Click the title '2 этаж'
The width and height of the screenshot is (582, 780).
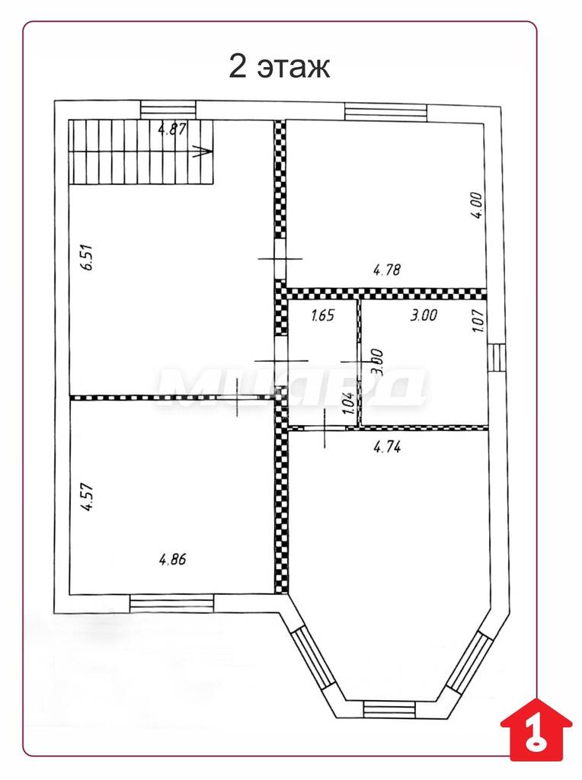pos(279,66)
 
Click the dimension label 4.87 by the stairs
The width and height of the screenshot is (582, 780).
pos(172,129)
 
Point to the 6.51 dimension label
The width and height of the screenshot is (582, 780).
pos(88,257)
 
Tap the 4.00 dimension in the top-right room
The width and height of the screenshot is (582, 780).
pos(477,206)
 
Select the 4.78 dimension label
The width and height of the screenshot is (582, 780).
pos(386,270)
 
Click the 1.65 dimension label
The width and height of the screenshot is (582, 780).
pos(323,315)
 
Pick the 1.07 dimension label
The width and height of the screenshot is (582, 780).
pos(478,321)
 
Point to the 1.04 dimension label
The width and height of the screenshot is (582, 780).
pos(349,404)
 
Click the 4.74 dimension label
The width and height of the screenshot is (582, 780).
pos(387,446)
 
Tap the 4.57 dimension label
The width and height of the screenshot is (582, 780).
pos(88,497)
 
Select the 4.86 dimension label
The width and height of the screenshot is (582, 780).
pos(172,559)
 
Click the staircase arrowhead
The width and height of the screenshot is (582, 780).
pos(205,152)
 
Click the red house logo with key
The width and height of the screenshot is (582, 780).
pos(536,729)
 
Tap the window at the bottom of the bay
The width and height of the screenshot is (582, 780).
pos(389,708)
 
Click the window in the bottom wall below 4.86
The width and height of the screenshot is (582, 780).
pos(171,603)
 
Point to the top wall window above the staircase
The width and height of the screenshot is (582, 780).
pos(168,110)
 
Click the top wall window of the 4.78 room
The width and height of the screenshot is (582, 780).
pos(386,112)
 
